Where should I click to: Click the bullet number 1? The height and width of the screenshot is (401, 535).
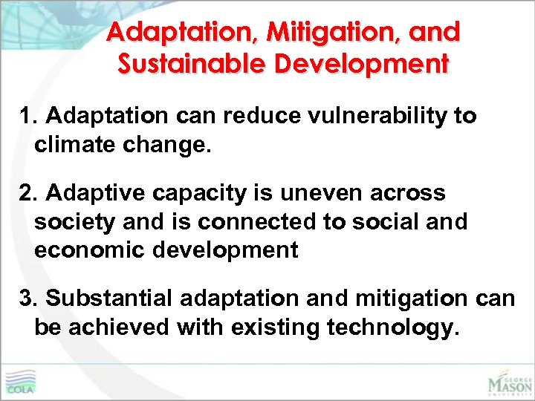pos(27,117)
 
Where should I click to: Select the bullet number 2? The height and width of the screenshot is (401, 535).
pos(27,193)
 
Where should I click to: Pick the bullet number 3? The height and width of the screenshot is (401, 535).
pos(27,299)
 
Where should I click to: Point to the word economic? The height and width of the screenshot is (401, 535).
pos(88,250)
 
